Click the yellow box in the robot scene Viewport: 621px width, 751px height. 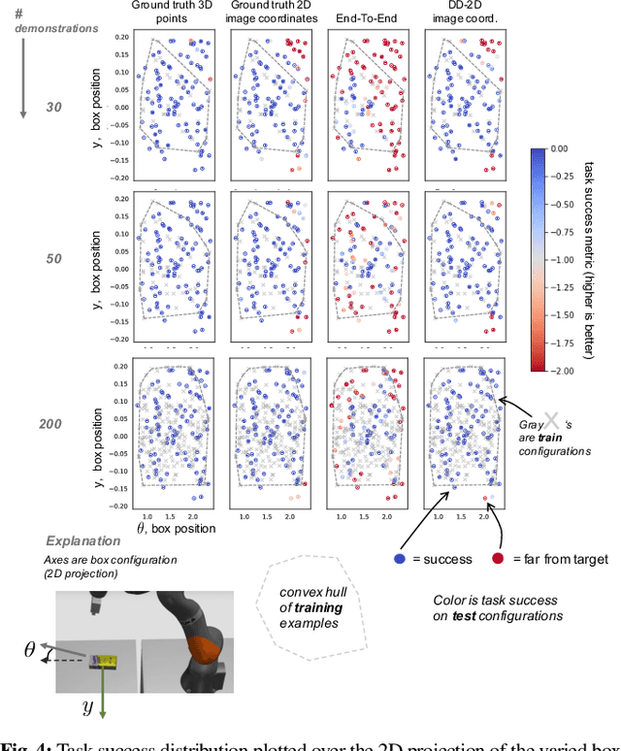tap(105, 663)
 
